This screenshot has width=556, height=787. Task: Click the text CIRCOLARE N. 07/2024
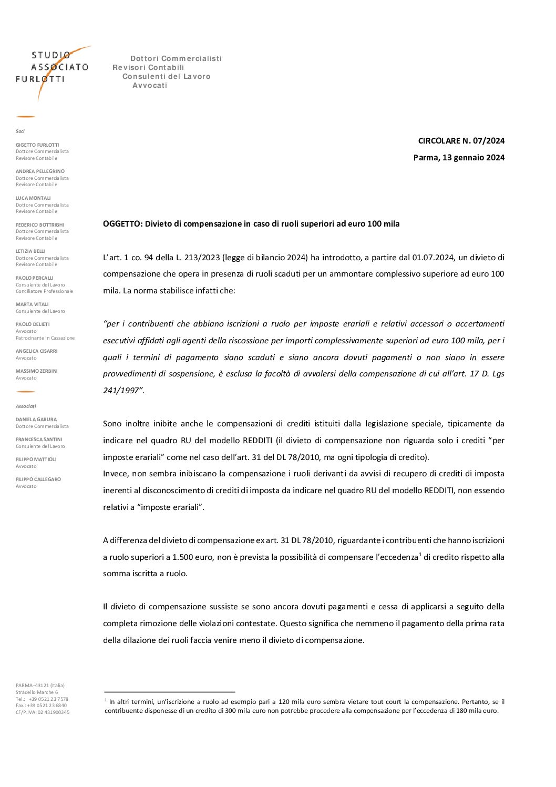pyautogui.click(x=461, y=140)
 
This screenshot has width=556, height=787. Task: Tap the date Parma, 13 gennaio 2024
pyautogui.click(x=459, y=157)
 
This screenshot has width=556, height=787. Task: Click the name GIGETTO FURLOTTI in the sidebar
pyautogui.click(x=37, y=145)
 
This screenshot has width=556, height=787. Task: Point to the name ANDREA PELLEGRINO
pyautogui.click(x=40, y=171)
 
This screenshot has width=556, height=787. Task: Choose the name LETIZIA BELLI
pyautogui.click(x=30, y=251)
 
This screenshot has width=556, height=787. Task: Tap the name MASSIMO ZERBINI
pyautogui.click(x=36, y=371)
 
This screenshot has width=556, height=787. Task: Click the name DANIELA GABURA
pyautogui.click(x=36, y=420)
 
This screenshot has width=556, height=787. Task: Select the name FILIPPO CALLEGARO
pyautogui.click(x=38, y=479)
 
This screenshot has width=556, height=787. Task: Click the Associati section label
pyautogui.click(x=26, y=406)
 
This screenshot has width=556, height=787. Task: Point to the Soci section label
pyautogui.click(x=20, y=131)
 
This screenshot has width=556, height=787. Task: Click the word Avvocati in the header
pyautogui.click(x=150, y=85)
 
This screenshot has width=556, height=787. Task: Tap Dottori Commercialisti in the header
pyautogui.click(x=176, y=58)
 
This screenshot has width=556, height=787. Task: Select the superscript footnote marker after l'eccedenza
pyautogui.click(x=420, y=554)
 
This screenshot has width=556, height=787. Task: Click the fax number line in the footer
pyautogui.click(x=42, y=706)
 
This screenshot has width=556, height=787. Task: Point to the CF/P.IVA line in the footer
pyautogui.click(x=43, y=712)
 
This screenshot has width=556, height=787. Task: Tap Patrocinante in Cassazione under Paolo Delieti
pyautogui.click(x=45, y=338)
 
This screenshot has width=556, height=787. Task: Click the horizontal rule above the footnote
pyautogui.click(x=169, y=692)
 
